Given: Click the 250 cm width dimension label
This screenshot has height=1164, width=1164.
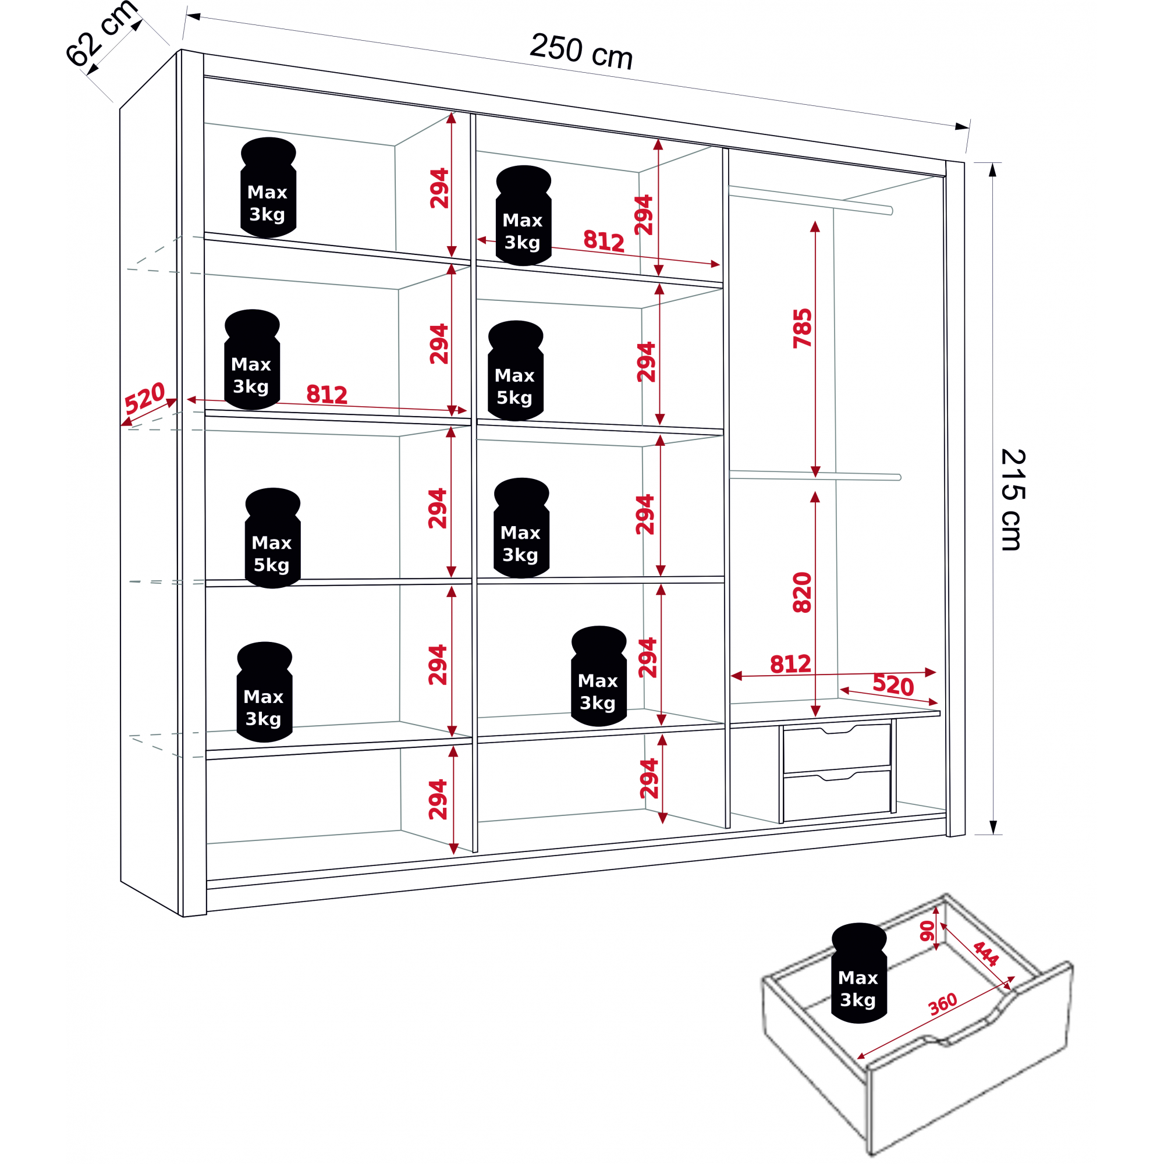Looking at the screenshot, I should [581, 52].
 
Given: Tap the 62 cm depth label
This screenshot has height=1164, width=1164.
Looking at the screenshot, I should [101, 33].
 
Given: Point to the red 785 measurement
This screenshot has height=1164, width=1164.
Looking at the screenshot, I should [803, 328].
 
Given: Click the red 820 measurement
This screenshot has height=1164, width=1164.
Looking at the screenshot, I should [803, 593].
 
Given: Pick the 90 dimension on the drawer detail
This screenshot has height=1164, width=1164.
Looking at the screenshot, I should [927, 931].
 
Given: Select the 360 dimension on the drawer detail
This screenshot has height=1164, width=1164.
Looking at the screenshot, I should [943, 1004].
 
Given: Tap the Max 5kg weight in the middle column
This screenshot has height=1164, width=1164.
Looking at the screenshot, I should [515, 371].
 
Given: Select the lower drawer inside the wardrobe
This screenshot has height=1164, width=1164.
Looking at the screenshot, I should [837, 796].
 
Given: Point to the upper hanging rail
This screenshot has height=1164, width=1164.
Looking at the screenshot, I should [810, 201].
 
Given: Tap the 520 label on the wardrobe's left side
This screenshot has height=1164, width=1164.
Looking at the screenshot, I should [144, 397].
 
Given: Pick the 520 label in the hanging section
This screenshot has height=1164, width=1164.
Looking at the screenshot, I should [893, 686].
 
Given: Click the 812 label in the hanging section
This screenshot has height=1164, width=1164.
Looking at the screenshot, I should [790, 664].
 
